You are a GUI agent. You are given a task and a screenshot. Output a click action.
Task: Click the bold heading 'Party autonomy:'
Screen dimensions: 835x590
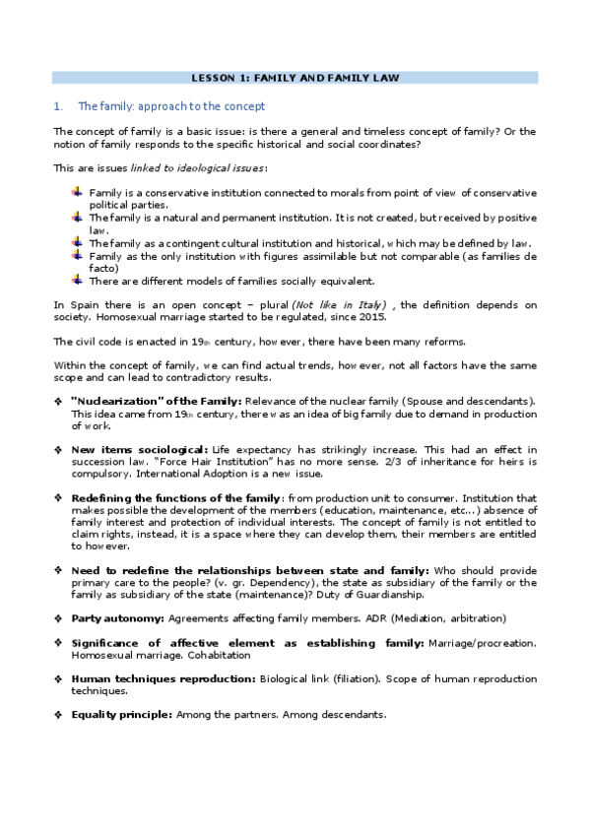(x=118, y=617)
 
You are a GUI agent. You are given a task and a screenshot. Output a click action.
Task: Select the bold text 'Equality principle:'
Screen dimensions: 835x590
(x=123, y=714)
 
